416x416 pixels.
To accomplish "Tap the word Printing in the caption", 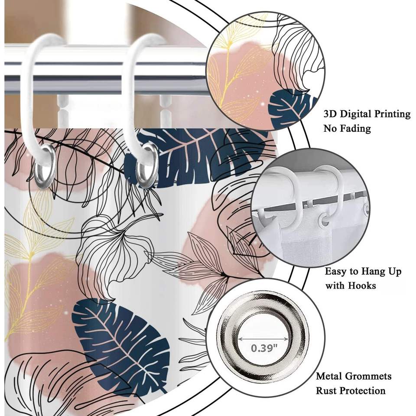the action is [387, 114].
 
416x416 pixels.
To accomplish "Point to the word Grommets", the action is [367, 376].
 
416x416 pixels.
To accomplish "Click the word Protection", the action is [362, 390].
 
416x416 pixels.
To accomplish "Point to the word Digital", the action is [354, 114].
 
